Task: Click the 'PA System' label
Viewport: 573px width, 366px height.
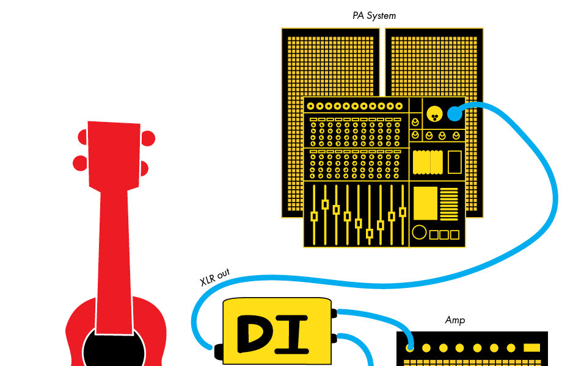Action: tap(374, 16)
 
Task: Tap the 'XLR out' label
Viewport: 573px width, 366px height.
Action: tap(215, 277)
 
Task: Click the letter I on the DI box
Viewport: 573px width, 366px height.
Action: tap(296, 334)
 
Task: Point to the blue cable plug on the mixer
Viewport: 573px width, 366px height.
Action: tap(454, 113)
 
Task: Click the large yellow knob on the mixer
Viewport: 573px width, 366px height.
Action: tap(434, 112)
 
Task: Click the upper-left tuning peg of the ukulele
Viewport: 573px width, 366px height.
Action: tap(82, 138)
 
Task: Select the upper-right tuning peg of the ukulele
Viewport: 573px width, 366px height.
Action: tap(148, 139)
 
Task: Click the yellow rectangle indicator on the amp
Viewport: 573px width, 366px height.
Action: tap(531, 348)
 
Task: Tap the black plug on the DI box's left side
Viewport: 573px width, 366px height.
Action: tap(218, 351)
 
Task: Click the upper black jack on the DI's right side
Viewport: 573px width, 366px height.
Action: tap(334, 314)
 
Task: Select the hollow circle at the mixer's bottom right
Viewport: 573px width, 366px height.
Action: tap(419, 232)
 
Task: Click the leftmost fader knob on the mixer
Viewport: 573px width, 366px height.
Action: tap(314, 216)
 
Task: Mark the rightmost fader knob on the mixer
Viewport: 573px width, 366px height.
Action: tap(403, 212)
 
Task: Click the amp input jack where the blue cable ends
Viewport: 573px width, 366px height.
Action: tap(410, 348)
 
